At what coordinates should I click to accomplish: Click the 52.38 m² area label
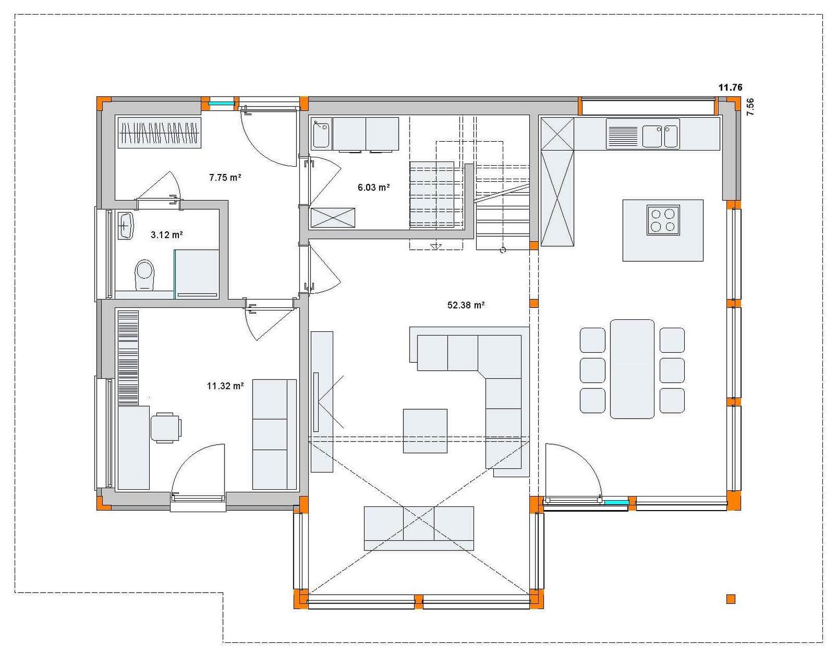[466, 305]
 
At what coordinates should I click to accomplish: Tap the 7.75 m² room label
[225, 178]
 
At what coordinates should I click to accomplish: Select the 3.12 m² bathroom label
[166, 235]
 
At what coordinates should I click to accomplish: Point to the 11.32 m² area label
[225, 386]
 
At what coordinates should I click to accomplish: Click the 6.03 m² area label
[374, 187]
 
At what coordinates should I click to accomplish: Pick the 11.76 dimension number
[730, 87]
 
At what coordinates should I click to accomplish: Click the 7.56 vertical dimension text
[750, 107]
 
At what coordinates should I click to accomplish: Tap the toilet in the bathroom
[144, 275]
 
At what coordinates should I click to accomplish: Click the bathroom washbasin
[125, 226]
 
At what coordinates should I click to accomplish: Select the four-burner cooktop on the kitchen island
[663, 220]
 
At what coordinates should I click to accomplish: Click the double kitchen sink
[660, 136]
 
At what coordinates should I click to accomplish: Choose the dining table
[632, 369]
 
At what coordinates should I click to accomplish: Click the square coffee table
[425, 431]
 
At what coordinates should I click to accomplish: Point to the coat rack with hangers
[160, 133]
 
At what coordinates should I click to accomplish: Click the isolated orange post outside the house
[731, 599]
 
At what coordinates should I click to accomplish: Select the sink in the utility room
[321, 133]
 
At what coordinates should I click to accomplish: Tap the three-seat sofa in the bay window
[419, 528]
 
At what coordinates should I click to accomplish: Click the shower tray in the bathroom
[197, 274]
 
